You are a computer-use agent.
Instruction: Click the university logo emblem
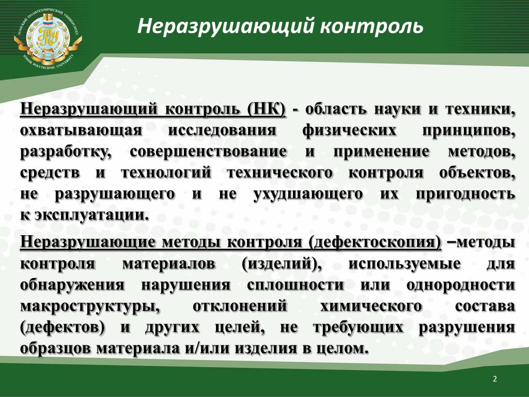pyautogui.click(x=48, y=39)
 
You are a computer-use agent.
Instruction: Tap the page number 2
pyautogui.click(x=494, y=379)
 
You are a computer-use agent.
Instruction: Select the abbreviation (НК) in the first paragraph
pyautogui.click(x=266, y=110)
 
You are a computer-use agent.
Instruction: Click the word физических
pyautogui.click(x=349, y=130)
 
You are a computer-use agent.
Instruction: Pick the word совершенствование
pyautogui.click(x=208, y=151)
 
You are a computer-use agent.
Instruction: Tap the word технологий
pyautogui.click(x=166, y=173)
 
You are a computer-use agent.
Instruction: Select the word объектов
pyautogui.click(x=477, y=173)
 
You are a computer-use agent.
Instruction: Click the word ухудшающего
pyautogui.click(x=308, y=194)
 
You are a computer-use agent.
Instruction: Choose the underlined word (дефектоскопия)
pyautogui.click(x=375, y=242)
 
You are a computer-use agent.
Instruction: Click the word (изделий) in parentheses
pyautogui.click(x=282, y=264)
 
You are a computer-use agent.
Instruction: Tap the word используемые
pyautogui.click(x=404, y=264)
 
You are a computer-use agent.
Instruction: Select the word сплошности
pyautogui.click(x=295, y=285)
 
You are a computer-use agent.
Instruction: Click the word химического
pyautogui.click(x=371, y=306)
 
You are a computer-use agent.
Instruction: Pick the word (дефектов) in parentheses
pyautogui.click(x=63, y=327)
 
